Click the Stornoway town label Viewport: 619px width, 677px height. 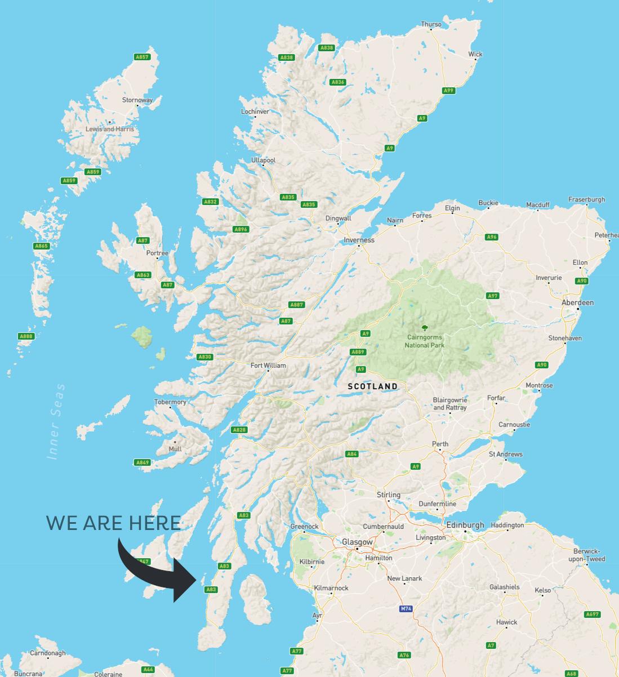coord(137,100)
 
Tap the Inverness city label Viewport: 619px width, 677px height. coord(359,240)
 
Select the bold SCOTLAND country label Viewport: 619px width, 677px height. coord(373,386)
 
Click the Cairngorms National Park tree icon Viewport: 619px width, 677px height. coord(424,327)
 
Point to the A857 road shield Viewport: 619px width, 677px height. coord(142,57)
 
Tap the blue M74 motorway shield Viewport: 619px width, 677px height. coord(406,609)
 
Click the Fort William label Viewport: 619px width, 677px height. coord(268,366)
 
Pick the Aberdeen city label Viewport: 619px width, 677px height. coord(577,302)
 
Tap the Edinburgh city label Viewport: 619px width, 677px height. coord(465,525)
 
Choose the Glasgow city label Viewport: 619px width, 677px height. coord(357,542)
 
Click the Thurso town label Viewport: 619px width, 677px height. coord(431,24)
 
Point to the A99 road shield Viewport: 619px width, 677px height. coord(448,90)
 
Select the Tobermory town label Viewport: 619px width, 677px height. coord(170,402)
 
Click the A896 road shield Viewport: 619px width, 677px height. coord(241,229)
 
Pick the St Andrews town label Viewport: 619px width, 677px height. coord(505,454)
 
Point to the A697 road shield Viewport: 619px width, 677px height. coord(593,614)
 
